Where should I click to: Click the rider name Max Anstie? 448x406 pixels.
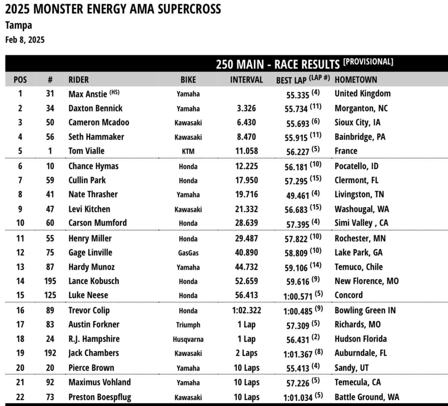[87, 94]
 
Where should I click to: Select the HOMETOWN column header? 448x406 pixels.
[356, 80]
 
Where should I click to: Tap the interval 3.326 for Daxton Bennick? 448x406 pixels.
[246, 108]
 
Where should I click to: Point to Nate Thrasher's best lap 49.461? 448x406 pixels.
[298, 195]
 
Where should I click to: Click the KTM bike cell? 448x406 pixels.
[188, 151]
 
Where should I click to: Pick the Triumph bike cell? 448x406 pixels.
[188, 325]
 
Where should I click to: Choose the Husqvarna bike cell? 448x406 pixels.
[188, 339]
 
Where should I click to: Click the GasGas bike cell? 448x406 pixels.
[188, 253]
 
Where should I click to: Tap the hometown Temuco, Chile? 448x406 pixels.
[358, 267]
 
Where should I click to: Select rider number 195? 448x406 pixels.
[50, 281]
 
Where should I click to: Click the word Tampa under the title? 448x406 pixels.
[19, 25]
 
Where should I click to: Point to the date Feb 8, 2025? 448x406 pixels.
[25, 40]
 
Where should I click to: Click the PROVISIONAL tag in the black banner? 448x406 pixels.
[368, 62]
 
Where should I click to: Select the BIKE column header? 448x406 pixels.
[188, 80]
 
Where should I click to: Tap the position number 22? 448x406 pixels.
[20, 397]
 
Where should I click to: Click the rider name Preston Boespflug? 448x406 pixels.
[100, 397]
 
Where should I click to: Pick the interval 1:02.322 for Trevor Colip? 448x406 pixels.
[246, 310]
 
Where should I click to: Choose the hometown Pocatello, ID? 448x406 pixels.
[356, 166]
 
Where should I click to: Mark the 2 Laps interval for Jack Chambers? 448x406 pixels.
[246, 353]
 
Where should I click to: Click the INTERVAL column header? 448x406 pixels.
[246, 80]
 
